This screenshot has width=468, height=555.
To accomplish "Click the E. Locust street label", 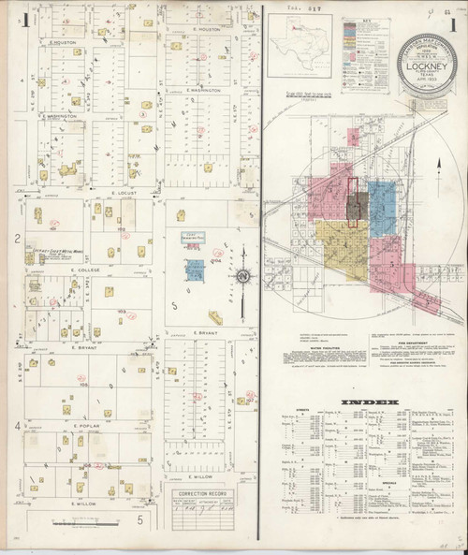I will [124, 191].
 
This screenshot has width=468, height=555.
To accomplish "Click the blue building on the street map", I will [196, 270].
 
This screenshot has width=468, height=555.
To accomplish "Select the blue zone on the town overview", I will [384, 200].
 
